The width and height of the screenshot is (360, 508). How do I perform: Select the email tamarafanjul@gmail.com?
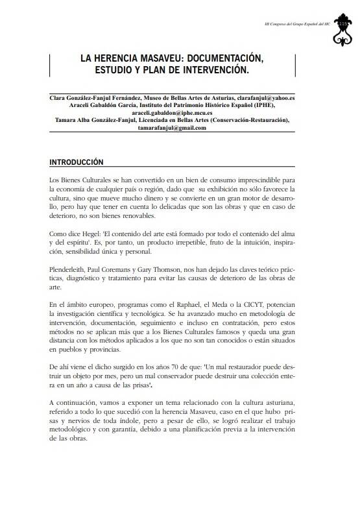pos(172,128)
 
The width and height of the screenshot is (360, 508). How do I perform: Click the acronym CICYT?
pos(246,305)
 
